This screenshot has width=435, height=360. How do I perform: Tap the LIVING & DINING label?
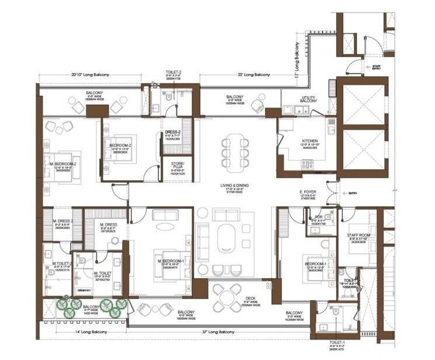tap(234, 185)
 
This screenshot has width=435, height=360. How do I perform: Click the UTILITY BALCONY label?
tap(309, 100)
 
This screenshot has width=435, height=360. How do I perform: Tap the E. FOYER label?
tap(308, 192)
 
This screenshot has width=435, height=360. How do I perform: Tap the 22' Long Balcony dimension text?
tap(253, 75)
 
